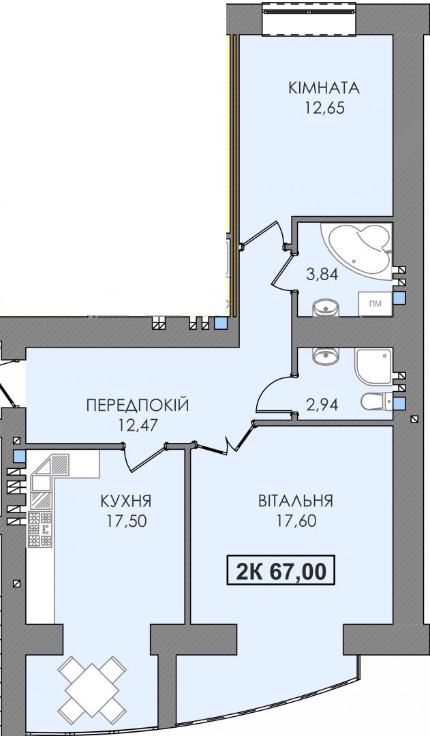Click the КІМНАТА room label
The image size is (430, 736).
click(324, 88)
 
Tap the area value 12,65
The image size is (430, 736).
click(325, 108)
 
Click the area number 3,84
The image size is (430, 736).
click(322, 274)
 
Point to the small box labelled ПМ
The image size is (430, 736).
click(375, 304)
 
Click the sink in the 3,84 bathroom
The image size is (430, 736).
click(326, 307)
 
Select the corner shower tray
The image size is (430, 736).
click(373, 366)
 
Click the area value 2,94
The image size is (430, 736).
click(322, 404)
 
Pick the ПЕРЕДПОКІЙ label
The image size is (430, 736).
click(138, 405)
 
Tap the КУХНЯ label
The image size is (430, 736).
click(126, 501)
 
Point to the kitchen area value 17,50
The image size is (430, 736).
click(126, 521)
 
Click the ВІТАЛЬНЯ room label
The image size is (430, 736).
click(296, 501)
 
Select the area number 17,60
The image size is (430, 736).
click(296, 521)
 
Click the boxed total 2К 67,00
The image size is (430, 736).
click(281, 570)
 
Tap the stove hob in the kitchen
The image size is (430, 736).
click(40, 530)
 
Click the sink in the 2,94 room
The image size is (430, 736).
click(326, 356)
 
